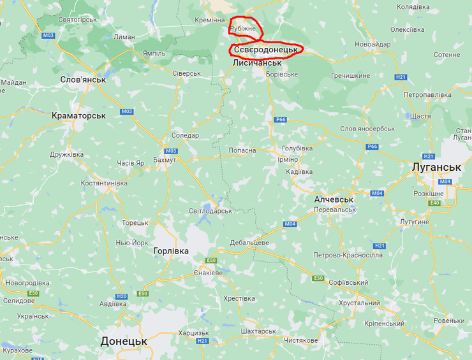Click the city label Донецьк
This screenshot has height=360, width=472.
click(124, 342)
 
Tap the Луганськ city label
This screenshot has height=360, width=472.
click(436, 167)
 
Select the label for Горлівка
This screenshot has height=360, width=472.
click(172, 251)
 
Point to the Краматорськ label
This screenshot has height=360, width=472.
click(79, 115)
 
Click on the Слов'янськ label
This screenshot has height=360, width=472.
click(82, 80)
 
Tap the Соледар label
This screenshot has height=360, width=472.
click(186, 135)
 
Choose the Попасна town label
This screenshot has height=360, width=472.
click(242, 150)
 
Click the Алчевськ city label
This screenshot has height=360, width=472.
click(334, 199)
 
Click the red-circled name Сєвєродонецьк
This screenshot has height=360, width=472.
click(265, 49)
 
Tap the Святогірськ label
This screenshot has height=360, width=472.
click(77, 20)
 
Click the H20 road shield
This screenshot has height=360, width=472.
click(122, 296)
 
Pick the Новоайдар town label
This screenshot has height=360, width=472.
click(373, 44)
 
